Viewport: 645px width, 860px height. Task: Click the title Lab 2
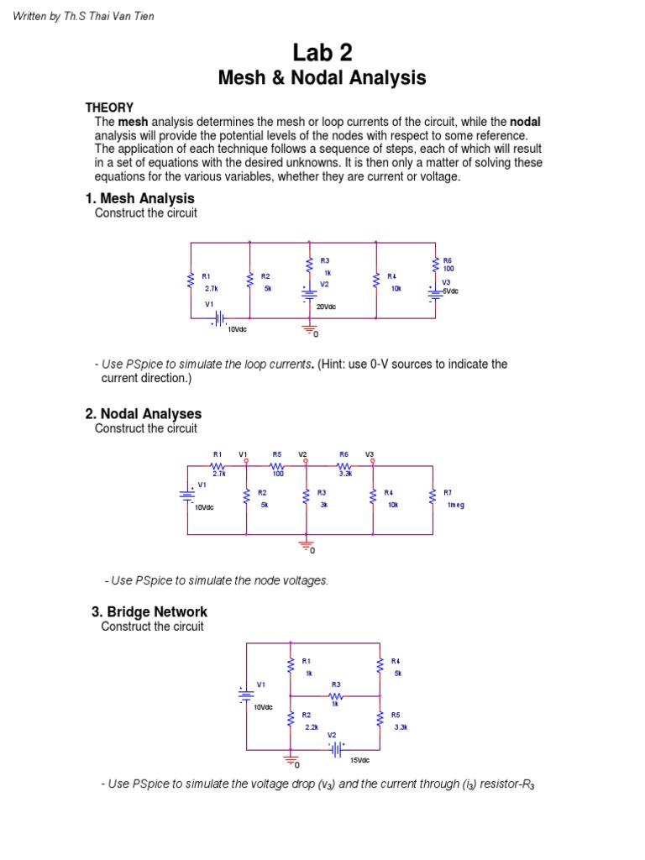(322, 53)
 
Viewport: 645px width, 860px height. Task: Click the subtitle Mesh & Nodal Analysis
(322, 79)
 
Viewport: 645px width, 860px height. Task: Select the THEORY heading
(109, 107)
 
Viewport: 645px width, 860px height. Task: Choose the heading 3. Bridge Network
(149, 611)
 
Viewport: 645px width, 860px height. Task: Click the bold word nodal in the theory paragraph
(525, 122)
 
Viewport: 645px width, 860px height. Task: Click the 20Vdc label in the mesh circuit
(326, 307)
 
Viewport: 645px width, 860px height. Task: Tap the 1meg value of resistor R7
(455, 505)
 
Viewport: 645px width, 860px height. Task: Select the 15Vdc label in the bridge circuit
(359, 760)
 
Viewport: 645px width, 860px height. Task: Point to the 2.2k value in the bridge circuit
(312, 727)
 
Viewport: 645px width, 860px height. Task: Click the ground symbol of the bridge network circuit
(291, 761)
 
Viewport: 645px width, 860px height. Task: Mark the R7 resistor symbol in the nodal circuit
(433, 498)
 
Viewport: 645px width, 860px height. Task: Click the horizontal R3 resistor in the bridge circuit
(336, 696)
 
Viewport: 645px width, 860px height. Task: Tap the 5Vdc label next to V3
(450, 291)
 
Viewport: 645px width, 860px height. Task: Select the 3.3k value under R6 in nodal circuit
(344, 474)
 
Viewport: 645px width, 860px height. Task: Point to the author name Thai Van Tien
(122, 17)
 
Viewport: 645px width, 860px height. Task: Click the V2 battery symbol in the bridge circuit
(336, 748)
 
